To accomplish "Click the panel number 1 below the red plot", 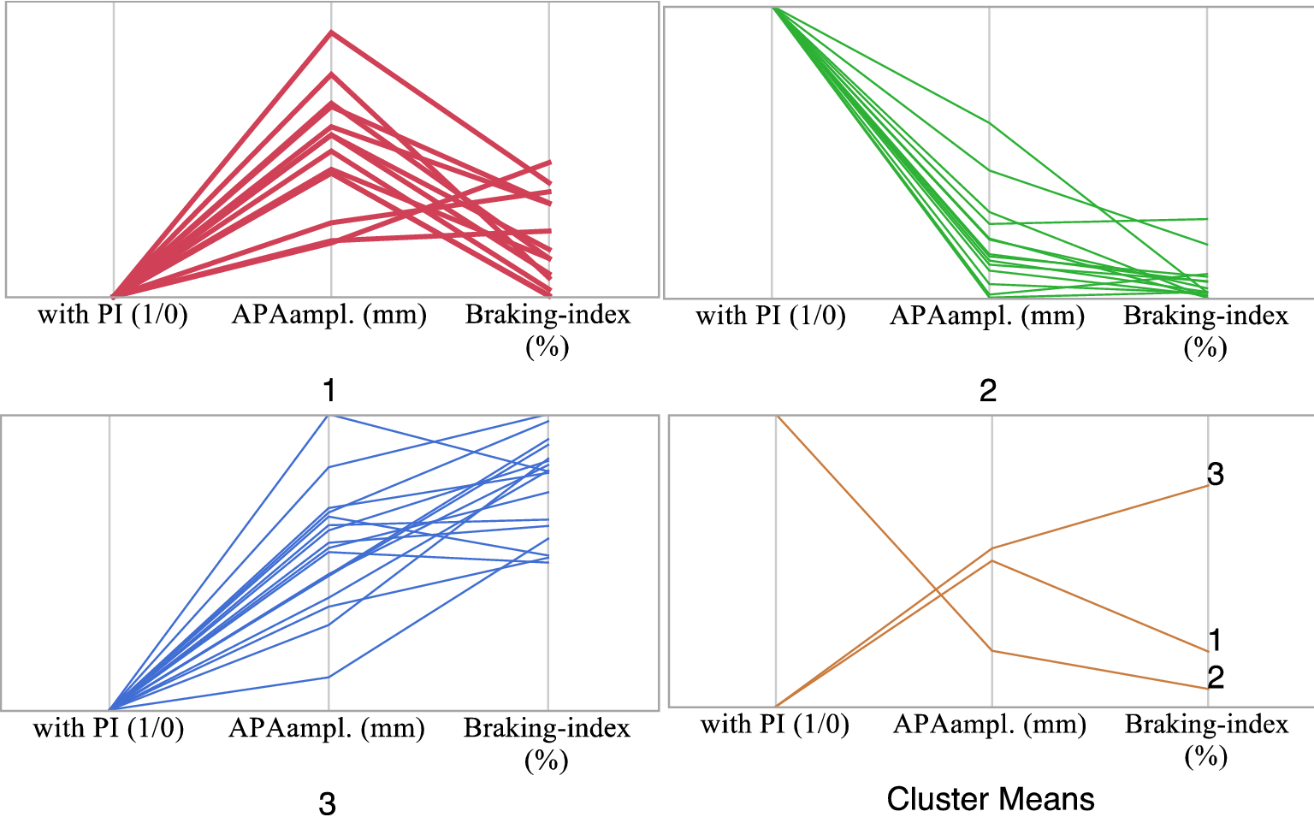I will tap(328, 390).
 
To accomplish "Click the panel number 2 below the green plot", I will tap(987, 390).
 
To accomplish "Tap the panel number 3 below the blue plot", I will tap(327, 803).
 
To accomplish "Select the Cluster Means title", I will tap(990, 798).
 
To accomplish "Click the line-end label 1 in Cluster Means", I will tap(1215, 639).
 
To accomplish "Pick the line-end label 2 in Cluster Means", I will tap(1216, 677).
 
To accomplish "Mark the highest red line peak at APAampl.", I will tap(332, 33).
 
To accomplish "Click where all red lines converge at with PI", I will tap(115, 296).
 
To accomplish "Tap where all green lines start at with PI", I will tap(772, 8).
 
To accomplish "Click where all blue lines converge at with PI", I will tap(110, 708).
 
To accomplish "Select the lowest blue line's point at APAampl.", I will tap(328, 677).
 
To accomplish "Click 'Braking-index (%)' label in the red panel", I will tap(547, 329).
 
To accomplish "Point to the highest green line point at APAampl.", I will tap(990, 123).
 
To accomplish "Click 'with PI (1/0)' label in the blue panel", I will tap(109, 728).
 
